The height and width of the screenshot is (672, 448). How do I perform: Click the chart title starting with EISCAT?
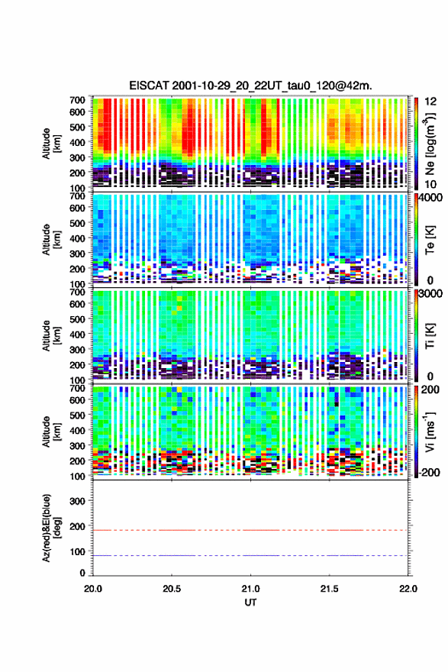(x=250, y=86)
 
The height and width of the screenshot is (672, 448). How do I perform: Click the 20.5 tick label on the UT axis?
(x=172, y=589)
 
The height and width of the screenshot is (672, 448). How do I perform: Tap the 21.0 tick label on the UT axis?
(x=250, y=589)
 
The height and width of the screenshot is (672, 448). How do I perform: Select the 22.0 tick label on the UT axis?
(x=408, y=589)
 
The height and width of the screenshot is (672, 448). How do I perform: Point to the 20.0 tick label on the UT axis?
(x=93, y=589)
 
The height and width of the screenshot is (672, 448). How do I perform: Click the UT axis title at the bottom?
(x=250, y=603)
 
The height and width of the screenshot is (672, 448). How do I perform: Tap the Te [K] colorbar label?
(x=430, y=240)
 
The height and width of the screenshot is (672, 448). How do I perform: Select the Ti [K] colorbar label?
(x=430, y=336)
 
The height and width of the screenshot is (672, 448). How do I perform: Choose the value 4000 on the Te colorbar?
(x=431, y=198)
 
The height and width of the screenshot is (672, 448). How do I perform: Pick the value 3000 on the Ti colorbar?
(x=431, y=293)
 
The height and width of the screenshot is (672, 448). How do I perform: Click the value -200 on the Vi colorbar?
(x=430, y=472)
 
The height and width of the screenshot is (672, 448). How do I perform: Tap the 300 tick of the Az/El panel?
(x=78, y=501)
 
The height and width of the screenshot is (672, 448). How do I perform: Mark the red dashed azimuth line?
(x=250, y=530)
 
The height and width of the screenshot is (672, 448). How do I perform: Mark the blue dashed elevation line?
(x=250, y=555)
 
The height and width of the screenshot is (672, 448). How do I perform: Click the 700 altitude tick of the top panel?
(x=78, y=100)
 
